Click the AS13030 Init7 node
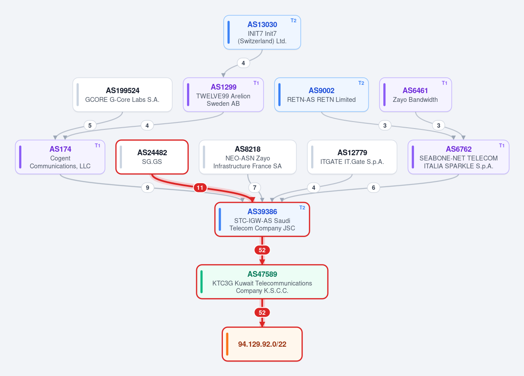click(x=262, y=32)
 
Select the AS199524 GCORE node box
click(x=123, y=94)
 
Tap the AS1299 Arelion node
click(x=223, y=94)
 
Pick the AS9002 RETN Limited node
click(x=322, y=94)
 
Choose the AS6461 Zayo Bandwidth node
click(x=415, y=94)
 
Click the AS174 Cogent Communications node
click(x=60, y=157)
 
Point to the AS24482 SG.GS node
click(x=152, y=157)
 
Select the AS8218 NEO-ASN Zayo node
click(x=248, y=157)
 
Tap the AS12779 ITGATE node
click(x=352, y=157)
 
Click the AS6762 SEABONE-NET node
click(x=458, y=157)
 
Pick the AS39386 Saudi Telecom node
click(x=262, y=219)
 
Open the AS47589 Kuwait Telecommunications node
click(x=262, y=282)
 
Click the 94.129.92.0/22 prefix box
click(x=262, y=344)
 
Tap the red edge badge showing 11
click(x=200, y=188)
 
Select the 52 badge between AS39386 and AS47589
click(x=262, y=250)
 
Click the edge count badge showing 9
click(x=148, y=188)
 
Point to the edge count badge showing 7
click(x=255, y=188)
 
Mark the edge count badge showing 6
click(x=374, y=188)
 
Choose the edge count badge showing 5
click(x=90, y=125)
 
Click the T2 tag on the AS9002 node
click(x=361, y=83)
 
